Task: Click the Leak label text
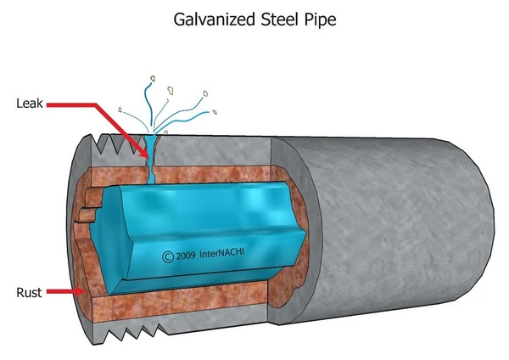28,104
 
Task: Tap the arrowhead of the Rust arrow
81,291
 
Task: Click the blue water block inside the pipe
204,221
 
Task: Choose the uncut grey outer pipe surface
399,229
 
